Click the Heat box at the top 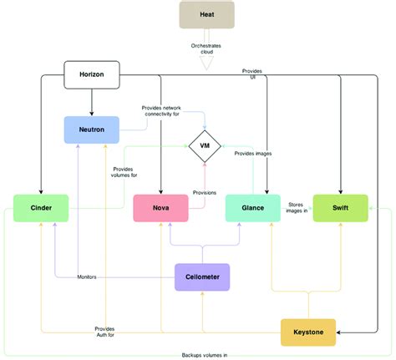pos(206,14)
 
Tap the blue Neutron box pos(92,129)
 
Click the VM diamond pos(204,148)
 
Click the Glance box pos(254,208)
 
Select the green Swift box pos(340,208)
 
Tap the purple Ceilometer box pos(202,276)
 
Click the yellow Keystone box pos(308,332)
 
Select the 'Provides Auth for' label pos(104,332)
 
